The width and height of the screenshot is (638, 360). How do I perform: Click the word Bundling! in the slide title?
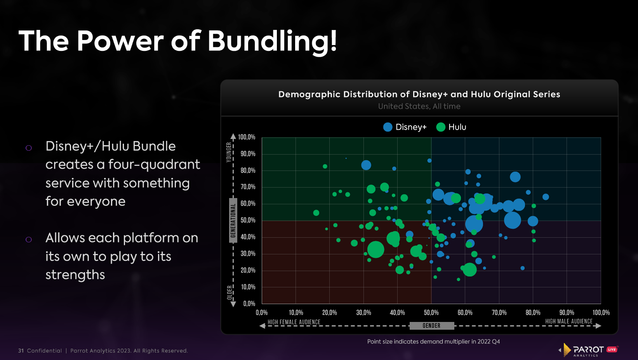click(272, 41)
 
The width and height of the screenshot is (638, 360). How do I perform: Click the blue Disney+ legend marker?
click(388, 127)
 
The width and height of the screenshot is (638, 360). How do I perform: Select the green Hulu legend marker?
click(440, 127)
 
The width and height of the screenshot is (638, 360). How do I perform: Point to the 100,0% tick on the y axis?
click(247, 137)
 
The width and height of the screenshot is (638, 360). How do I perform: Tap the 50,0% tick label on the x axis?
click(431, 313)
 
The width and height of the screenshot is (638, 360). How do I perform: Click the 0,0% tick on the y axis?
click(249, 304)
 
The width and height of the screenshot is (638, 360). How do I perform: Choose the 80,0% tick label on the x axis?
click(533, 313)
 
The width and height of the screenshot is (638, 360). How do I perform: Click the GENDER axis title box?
click(431, 326)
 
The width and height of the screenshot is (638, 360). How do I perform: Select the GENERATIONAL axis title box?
click(233, 220)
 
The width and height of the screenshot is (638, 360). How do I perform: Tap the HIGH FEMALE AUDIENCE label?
click(294, 322)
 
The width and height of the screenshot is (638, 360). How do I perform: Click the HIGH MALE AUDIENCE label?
click(569, 321)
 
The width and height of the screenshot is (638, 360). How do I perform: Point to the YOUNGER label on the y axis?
click(229, 152)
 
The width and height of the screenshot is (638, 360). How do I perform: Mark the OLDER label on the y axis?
click(229, 292)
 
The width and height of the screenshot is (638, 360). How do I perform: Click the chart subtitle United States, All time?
click(419, 106)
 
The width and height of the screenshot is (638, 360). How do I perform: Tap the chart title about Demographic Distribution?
click(419, 94)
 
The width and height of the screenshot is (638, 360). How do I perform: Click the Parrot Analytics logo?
click(588, 350)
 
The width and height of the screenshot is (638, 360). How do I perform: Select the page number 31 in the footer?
click(21, 351)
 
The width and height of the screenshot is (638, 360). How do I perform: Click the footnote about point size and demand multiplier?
click(433, 342)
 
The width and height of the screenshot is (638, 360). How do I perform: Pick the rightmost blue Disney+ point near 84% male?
click(546, 197)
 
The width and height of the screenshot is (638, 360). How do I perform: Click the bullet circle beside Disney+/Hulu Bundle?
click(29, 148)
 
